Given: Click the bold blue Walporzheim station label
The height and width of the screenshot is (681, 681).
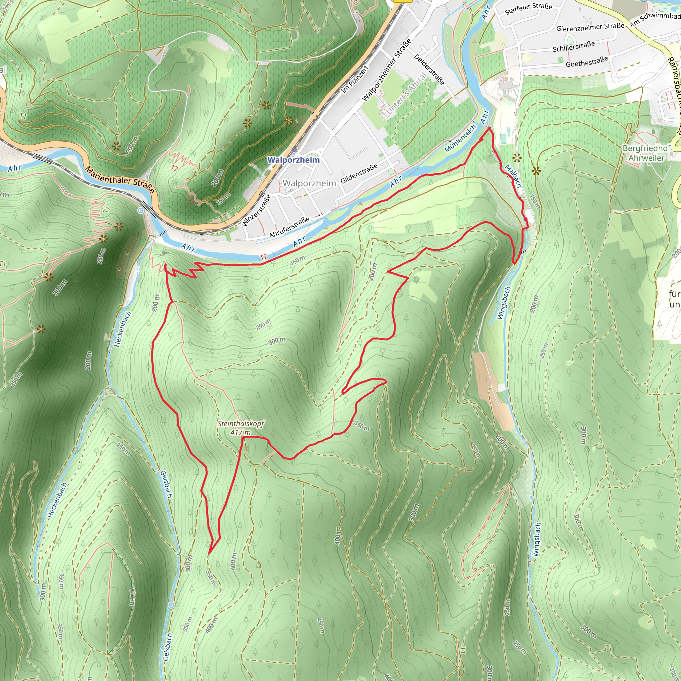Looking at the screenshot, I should click(293, 160).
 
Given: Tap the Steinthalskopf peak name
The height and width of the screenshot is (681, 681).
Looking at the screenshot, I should click(240, 423).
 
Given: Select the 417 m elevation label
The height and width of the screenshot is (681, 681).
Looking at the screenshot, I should click(240, 433).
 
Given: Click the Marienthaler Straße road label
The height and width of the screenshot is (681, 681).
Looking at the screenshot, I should click(120, 180).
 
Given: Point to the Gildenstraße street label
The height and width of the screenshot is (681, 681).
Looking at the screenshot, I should click(359, 174).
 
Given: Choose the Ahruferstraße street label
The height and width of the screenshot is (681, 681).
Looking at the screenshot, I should click(289, 227).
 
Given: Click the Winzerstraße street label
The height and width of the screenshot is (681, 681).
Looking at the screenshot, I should click(256, 210).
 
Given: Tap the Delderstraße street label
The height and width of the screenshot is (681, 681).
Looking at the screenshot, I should click(429, 69).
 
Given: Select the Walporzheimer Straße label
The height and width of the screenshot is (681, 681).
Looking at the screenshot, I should click(387, 70).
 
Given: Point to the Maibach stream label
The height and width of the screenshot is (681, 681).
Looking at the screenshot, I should click(513, 176).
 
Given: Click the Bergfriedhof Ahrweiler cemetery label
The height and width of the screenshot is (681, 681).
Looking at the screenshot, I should click(646, 153).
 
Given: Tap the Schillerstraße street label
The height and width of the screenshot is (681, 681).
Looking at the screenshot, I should click(574, 47).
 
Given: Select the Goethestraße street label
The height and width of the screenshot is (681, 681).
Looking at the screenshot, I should click(587, 62).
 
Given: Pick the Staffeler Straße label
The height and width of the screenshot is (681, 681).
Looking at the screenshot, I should click(528, 8).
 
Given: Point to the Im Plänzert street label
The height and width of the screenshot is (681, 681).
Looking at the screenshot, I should click(354, 80).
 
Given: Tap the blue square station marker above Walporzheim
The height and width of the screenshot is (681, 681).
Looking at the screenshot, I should click(294, 150).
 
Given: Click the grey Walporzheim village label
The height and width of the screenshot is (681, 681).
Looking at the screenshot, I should click(309, 183).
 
